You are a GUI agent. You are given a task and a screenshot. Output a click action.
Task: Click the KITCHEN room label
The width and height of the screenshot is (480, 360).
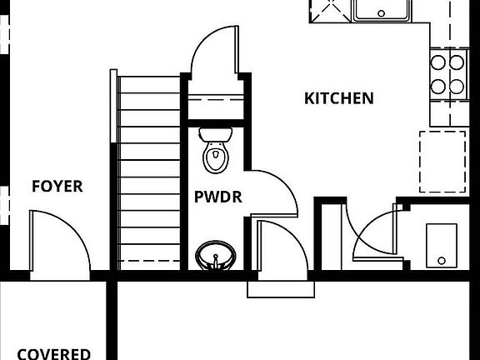point(339,98)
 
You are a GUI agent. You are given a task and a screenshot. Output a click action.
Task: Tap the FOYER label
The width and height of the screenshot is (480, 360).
point(57,186)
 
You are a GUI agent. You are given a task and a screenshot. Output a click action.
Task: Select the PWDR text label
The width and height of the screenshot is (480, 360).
point(218,197)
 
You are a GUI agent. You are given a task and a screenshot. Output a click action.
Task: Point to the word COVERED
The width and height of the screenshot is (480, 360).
point(53,354)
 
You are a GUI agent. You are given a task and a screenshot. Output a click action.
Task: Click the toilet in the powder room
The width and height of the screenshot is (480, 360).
point(216,150)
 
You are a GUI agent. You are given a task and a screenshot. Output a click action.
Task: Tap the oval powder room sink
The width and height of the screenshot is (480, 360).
point(216,256)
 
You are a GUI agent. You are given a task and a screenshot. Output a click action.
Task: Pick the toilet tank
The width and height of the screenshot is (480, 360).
point(216,134)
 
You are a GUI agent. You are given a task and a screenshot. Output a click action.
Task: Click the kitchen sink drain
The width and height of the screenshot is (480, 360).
point(382,13)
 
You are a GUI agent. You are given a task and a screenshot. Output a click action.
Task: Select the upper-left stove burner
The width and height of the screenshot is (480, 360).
point(437,62)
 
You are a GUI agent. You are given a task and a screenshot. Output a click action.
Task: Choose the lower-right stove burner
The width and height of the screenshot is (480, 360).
point(457,87)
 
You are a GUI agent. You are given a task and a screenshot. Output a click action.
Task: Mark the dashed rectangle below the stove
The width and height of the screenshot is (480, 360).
point(442,162)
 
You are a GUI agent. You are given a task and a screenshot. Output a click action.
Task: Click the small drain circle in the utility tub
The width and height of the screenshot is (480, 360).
point(442,261)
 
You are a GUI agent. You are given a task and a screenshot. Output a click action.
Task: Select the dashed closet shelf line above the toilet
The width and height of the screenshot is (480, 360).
point(216,99)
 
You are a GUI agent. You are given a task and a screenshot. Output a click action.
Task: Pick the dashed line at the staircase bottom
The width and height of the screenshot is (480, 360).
point(149,261)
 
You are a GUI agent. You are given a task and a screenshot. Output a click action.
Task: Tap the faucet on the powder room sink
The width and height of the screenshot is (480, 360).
point(216,261)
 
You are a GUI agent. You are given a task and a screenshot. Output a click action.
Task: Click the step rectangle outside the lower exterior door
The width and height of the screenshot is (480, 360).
point(281,289)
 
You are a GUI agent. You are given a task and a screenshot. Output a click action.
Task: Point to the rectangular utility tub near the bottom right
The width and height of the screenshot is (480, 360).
point(442,246)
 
